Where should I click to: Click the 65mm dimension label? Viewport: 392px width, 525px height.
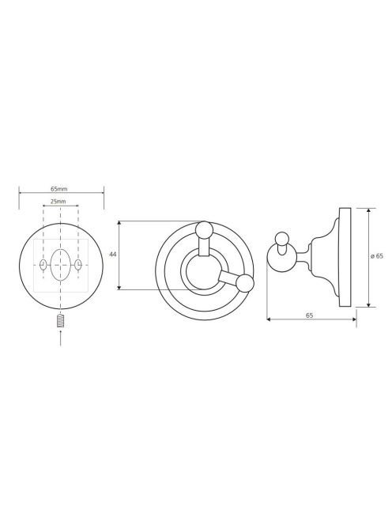[x=59, y=189]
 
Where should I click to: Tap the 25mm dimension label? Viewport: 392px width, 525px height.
[x=58, y=202]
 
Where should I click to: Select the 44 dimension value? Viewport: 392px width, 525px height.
[x=113, y=255]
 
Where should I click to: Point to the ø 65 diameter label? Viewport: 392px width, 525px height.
[x=377, y=256]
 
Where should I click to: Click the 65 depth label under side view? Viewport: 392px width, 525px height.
[x=309, y=315]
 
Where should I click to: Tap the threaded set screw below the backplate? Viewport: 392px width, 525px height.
[x=60, y=321]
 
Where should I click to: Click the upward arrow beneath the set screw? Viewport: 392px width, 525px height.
[x=60, y=338]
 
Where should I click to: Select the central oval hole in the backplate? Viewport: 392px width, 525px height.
[x=60, y=265]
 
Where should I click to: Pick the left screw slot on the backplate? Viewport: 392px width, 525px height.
[x=43, y=265]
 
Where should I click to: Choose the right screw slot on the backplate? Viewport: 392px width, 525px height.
[x=78, y=265]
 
